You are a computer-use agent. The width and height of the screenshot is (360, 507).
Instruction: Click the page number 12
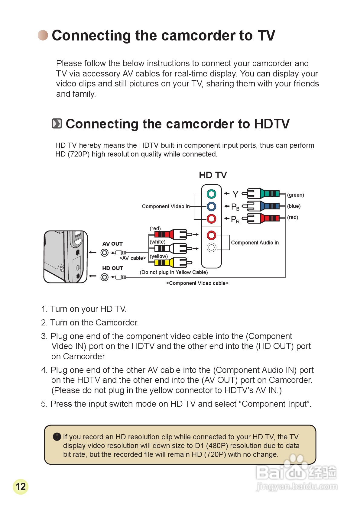click(21, 486)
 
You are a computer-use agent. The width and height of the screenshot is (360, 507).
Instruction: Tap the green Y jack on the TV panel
click(211, 194)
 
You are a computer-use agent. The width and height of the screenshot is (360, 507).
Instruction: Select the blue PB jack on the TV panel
click(211, 206)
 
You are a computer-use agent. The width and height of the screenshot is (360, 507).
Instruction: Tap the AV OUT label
click(112, 244)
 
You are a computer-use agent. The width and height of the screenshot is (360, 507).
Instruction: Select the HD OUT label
click(113, 268)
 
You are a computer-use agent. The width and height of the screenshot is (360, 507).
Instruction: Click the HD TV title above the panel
click(213, 175)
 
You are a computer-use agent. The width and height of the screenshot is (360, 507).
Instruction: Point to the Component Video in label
click(166, 206)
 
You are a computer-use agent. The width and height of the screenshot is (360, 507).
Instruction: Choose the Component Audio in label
click(255, 243)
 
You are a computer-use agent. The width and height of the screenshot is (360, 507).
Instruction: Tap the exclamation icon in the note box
click(57, 437)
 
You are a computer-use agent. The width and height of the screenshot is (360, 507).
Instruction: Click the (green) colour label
click(296, 195)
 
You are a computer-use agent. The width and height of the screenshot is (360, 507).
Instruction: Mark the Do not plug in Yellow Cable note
click(174, 272)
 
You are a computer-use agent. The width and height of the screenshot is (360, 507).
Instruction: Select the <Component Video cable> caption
click(197, 283)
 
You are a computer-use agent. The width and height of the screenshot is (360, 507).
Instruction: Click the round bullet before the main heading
click(43, 35)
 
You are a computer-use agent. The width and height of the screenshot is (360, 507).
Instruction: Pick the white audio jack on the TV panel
click(211, 248)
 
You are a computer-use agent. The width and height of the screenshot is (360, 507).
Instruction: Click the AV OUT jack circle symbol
click(105, 253)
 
